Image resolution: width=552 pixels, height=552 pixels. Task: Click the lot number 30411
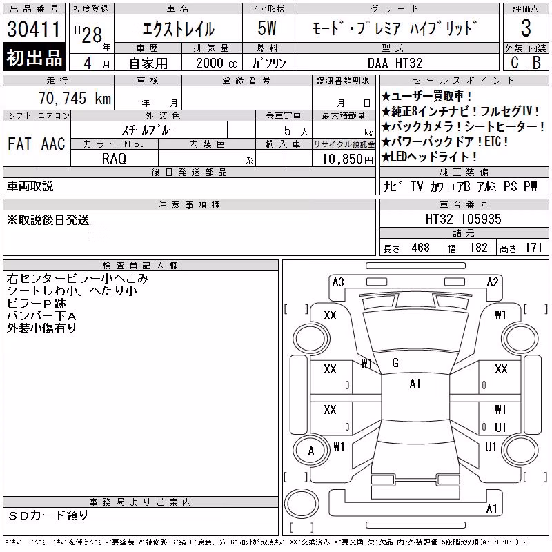coord(34,29)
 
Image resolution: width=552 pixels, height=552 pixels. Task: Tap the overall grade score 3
coord(526,28)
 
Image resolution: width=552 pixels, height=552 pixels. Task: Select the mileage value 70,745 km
coord(75,98)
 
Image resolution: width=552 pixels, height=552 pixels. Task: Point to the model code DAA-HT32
coord(395,63)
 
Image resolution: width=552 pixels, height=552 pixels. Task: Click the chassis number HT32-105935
coord(463,219)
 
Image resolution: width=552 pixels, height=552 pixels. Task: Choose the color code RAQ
coord(114,159)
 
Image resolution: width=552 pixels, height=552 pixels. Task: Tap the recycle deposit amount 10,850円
coord(348,159)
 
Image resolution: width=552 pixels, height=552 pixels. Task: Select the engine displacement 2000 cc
coord(217,63)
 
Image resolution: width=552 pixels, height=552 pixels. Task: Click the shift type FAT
coord(20,144)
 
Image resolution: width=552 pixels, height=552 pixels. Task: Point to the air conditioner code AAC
coord(53,144)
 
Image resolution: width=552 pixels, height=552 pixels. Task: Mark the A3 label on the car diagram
coord(338,282)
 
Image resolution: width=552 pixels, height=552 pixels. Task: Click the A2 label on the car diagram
coord(493,282)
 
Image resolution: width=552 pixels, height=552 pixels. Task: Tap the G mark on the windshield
coord(395,363)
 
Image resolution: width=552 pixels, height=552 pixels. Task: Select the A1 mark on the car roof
coord(415,384)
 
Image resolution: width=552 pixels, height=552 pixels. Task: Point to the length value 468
coord(421,248)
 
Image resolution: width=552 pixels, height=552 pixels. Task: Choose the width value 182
coord(478,248)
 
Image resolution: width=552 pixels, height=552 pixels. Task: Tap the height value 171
coord(533,248)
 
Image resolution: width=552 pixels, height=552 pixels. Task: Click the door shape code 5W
coord(267,28)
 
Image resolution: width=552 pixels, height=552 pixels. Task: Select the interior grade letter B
coord(537,63)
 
